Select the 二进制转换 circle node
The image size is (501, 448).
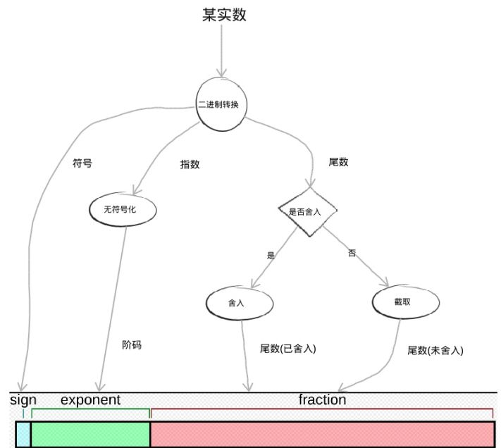point(222,105)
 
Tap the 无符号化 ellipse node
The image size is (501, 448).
point(123,209)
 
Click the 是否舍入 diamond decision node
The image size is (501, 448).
point(308,211)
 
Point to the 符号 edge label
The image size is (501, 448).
point(82,163)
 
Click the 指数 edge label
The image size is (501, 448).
point(190,164)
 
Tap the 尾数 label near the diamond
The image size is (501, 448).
point(338,162)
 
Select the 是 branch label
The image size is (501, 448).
point(271,256)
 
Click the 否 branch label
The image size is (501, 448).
point(352,253)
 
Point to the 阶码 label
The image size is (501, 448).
point(131,345)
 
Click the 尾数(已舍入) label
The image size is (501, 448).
point(288,348)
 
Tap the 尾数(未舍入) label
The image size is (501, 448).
point(435,350)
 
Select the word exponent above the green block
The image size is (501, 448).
point(90,400)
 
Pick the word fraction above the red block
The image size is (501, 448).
point(322,400)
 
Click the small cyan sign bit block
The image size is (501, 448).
point(23,435)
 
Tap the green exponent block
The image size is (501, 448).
point(90,435)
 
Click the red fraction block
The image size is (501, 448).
point(322,435)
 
